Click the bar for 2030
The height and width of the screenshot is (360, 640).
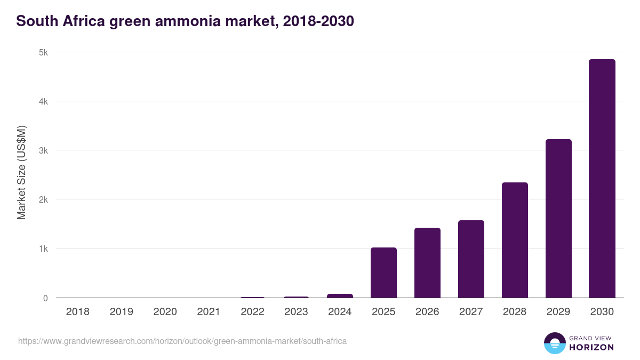tap(602, 179)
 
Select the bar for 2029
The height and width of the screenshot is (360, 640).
tap(558, 219)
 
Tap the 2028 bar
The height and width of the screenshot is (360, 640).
tap(515, 240)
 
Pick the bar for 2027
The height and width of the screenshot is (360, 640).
tap(471, 259)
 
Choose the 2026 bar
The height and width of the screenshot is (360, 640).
tap(427, 263)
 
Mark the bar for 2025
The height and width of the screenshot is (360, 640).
tap(383, 273)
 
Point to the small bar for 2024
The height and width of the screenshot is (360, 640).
tap(340, 295)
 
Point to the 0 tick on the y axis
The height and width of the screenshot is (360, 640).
tap(45, 298)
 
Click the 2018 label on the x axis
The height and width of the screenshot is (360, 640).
tap(77, 312)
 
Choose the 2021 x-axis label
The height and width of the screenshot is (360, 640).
tap(209, 312)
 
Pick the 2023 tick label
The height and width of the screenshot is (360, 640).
tap(296, 312)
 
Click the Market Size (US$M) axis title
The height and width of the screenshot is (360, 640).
tap(21, 173)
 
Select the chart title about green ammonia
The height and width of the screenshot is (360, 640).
tap(185, 21)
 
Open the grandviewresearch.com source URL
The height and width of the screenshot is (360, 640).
tap(182, 341)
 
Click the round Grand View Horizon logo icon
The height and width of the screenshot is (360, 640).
tap(554, 343)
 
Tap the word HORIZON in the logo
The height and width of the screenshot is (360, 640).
tap(591, 347)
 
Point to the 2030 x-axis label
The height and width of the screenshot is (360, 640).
tap(602, 312)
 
